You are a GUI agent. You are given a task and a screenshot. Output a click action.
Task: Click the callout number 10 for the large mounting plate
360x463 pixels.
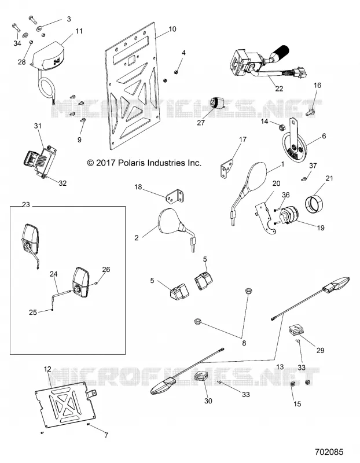pyautogui.click(x=172, y=29)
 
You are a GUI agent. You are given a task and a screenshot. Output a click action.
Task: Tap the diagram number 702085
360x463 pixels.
pyautogui.click(x=329, y=452)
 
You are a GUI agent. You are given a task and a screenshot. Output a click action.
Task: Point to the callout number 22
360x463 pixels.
pyautogui.click(x=279, y=89)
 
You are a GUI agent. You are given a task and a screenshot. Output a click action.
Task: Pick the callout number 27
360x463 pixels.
pyautogui.click(x=201, y=123)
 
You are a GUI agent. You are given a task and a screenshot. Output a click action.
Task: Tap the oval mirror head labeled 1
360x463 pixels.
pyautogui.click(x=256, y=177)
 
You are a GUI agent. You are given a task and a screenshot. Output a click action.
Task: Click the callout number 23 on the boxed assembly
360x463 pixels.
pyautogui.click(x=26, y=204)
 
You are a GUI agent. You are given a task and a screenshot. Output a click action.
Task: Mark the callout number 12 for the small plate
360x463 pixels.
pyautogui.click(x=47, y=369)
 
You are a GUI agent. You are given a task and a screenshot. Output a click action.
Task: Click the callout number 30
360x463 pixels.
pyautogui.click(x=208, y=400)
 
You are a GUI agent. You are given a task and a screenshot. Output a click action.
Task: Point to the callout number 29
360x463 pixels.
pyautogui.click(x=321, y=350)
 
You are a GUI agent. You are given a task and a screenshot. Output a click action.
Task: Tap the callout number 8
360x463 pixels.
pyautogui.click(x=244, y=343)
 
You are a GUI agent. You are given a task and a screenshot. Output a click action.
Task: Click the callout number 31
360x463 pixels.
pyautogui.click(x=38, y=126)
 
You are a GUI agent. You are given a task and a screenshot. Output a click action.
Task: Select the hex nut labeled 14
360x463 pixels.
pyautogui.click(x=281, y=127)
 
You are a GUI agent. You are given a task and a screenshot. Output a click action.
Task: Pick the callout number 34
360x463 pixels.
pyautogui.click(x=17, y=43)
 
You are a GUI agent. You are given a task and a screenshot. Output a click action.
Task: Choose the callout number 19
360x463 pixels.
pyautogui.click(x=321, y=227)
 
